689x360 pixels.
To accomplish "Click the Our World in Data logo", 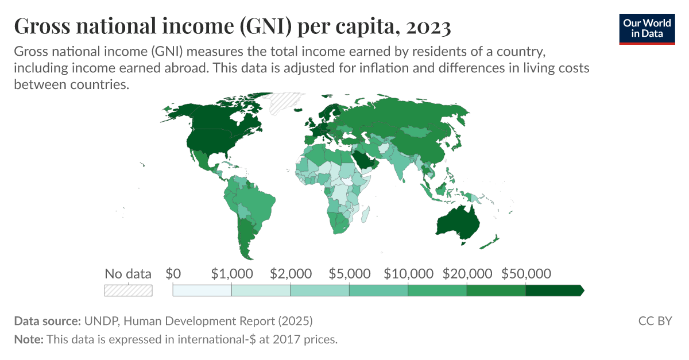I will (647, 28).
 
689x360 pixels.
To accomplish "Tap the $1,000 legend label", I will (231, 273).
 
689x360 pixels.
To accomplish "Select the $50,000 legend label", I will (526, 273).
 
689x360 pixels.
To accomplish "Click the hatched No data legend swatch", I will (128, 291).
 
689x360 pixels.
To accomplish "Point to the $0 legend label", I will (173, 273).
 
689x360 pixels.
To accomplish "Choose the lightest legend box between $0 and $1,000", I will (202, 291).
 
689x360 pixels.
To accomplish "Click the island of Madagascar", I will (365, 213).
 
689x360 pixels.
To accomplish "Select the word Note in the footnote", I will (28, 339).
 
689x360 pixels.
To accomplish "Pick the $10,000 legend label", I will (408, 273).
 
